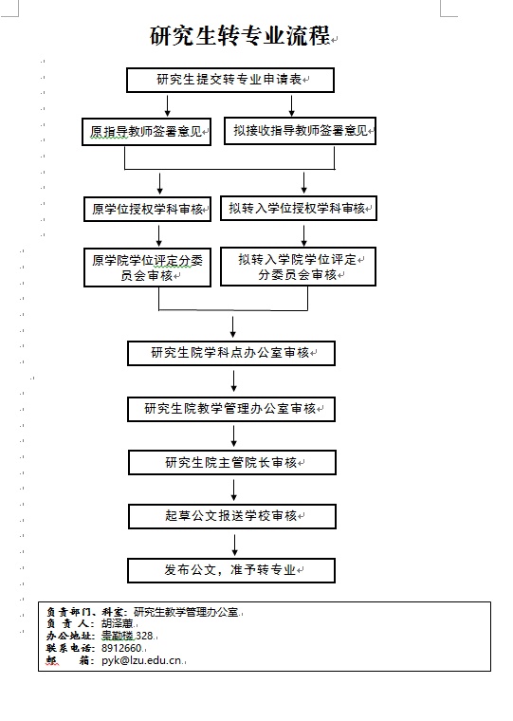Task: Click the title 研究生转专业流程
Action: pyautogui.click(x=240, y=35)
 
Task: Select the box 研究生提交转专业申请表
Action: pyautogui.click(x=230, y=80)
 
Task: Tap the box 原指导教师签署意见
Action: pyautogui.click(x=147, y=132)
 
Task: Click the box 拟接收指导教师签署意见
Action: pyautogui.click(x=301, y=131)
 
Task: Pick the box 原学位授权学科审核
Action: pyautogui.click(x=148, y=210)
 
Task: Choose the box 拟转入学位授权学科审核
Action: pyautogui.click(x=299, y=209)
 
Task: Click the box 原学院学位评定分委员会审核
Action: pyautogui.click(x=148, y=268)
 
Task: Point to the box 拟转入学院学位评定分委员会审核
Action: pyautogui.click(x=299, y=267)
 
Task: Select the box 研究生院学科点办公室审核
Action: pyautogui.click(x=231, y=353)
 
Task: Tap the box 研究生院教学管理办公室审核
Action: pyautogui.click(x=231, y=409)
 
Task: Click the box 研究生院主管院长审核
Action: pyautogui.click(x=232, y=463)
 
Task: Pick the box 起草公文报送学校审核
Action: pyautogui.click(x=232, y=516)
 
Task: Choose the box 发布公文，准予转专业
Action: pyautogui.click(x=231, y=571)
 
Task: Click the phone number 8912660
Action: pyautogui.click(x=121, y=648)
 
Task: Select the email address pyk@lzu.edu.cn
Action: pyautogui.click(x=141, y=661)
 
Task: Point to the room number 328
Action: pyautogui.click(x=144, y=636)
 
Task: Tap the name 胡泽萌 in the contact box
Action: pyautogui.click(x=118, y=624)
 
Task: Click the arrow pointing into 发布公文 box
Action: pyautogui.click(x=235, y=545)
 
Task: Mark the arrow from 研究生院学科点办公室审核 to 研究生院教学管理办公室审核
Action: pyautogui.click(x=234, y=381)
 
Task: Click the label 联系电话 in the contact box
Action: pyautogui.click(x=69, y=648)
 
